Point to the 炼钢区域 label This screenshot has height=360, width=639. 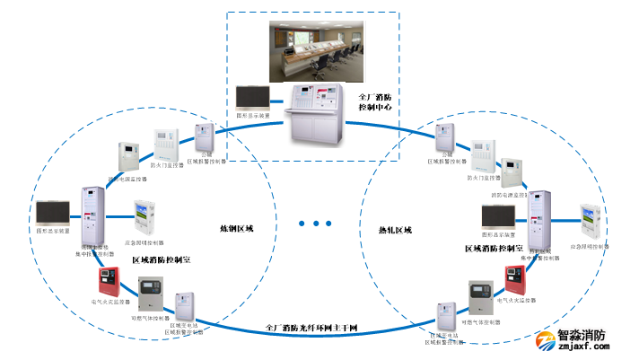237,229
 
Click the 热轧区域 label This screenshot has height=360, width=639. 395,231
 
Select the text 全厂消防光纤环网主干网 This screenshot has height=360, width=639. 312,329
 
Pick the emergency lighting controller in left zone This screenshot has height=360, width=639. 146,220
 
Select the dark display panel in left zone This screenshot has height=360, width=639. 55,213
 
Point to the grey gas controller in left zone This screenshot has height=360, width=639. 150,296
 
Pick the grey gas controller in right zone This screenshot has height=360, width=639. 480,300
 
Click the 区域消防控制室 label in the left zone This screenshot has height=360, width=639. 164,260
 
